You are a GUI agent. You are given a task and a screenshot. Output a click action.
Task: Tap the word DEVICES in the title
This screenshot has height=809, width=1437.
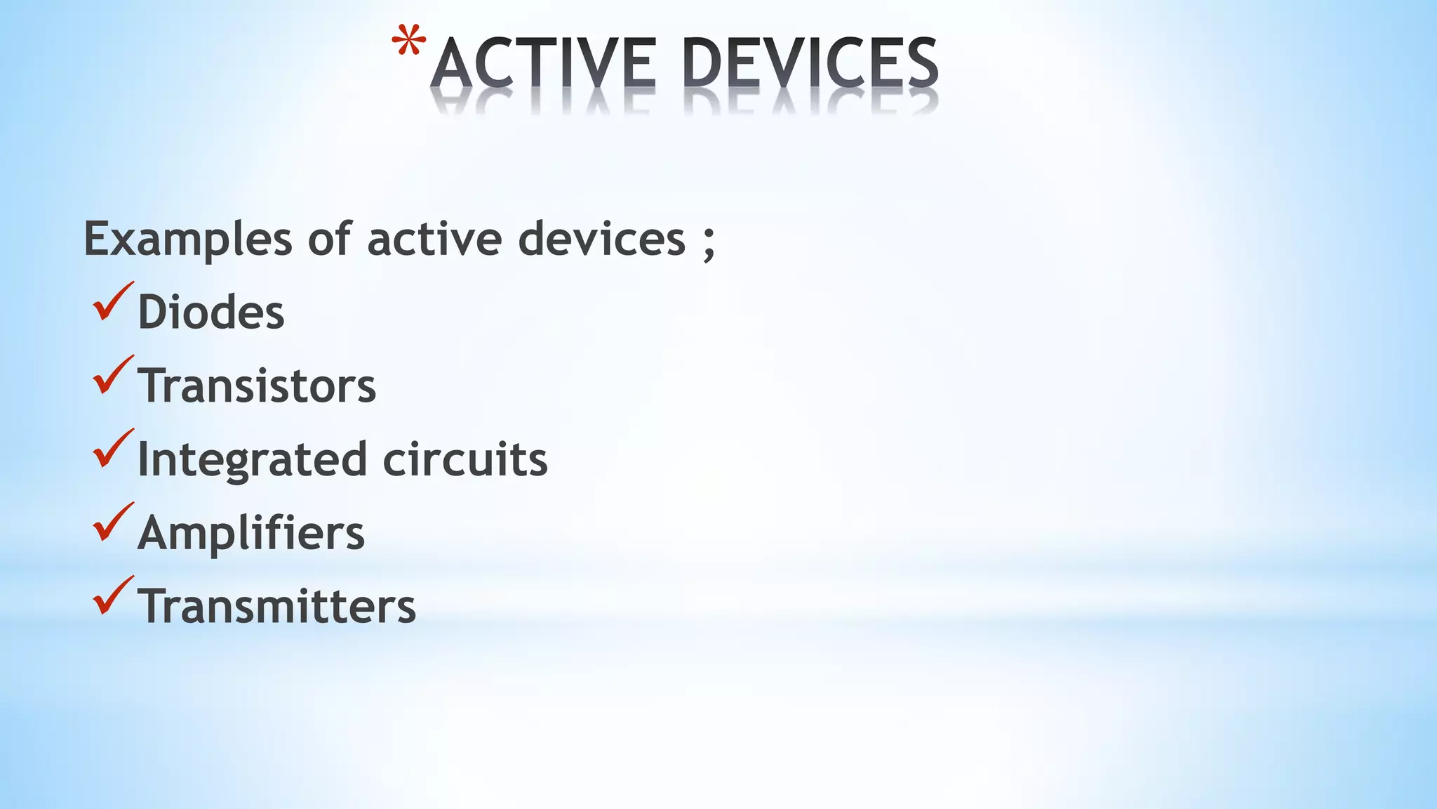point(810,64)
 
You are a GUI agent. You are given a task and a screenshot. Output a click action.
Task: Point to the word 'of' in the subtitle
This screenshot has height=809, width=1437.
point(329,239)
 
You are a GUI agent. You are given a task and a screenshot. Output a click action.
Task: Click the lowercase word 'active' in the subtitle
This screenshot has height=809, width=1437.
point(435,239)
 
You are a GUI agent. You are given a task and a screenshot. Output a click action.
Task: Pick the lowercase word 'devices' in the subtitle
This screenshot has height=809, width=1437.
point(601,239)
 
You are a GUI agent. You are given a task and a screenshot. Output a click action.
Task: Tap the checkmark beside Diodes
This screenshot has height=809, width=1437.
point(112,302)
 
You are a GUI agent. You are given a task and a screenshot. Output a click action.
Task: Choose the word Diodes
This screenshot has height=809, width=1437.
point(211,312)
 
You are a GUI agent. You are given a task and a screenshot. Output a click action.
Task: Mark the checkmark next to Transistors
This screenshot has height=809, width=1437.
point(112,375)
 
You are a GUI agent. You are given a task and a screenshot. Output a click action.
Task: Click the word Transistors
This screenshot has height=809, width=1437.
point(257,386)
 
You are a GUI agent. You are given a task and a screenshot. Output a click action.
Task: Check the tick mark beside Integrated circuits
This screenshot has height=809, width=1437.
point(112,449)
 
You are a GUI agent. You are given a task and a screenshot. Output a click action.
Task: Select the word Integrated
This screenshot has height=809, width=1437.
point(252,460)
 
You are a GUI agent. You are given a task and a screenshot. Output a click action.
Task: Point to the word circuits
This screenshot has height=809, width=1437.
point(465,459)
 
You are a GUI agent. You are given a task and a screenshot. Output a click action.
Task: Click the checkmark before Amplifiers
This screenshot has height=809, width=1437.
point(112,522)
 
